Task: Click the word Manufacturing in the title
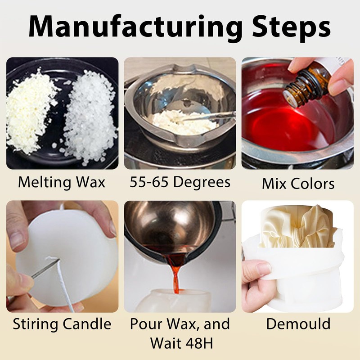coord(135,27)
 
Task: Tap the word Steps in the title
coord(292,27)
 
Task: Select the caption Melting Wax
coord(62,183)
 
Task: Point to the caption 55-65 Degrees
coord(180,182)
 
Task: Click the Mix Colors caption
coord(298,184)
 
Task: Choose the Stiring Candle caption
coord(62,324)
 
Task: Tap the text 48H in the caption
coord(199,343)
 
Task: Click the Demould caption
coord(298,324)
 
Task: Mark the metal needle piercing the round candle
coord(45,268)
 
